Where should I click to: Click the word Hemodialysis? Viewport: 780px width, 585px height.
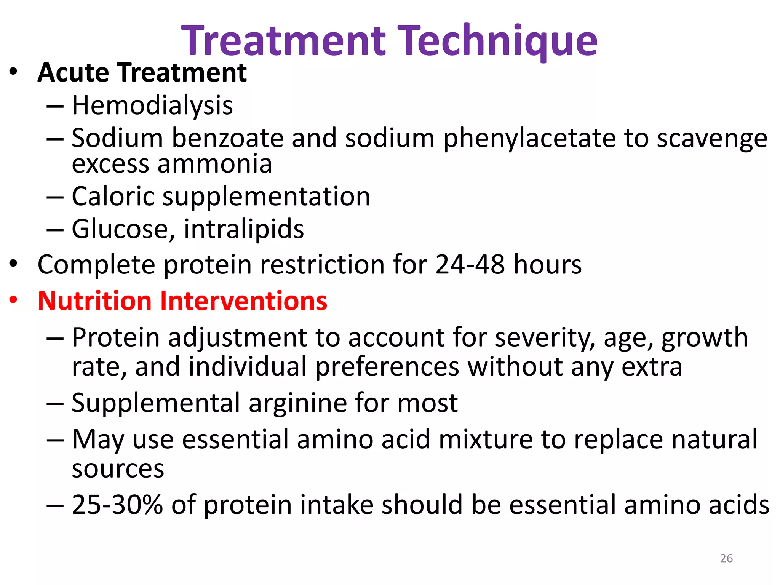click(x=152, y=105)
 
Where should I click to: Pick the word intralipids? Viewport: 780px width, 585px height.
click(x=244, y=229)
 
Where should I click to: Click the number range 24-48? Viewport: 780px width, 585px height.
click(x=470, y=264)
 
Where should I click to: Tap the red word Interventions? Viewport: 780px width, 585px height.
click(x=243, y=301)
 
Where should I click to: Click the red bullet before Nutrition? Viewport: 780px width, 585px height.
click(x=14, y=300)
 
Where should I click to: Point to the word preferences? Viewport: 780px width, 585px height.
click(x=387, y=367)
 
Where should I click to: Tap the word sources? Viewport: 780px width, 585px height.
click(x=118, y=469)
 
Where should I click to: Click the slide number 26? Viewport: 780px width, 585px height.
click(x=726, y=558)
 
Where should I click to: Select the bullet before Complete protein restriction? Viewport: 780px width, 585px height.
click(x=14, y=264)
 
